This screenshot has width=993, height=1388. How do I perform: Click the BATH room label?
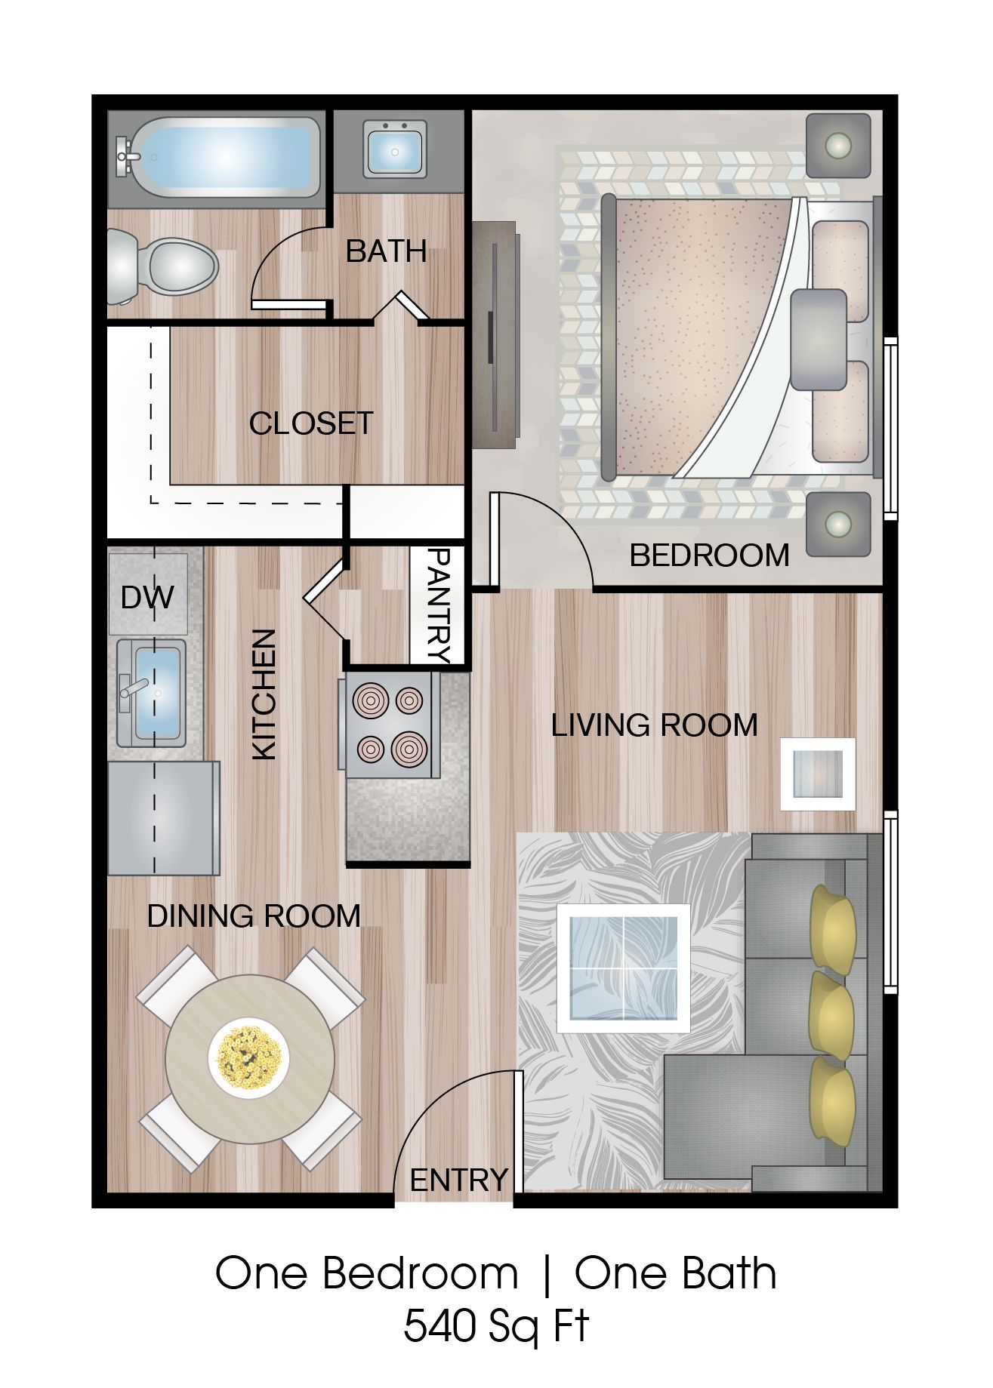click(x=386, y=251)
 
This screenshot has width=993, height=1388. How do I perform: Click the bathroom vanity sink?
click(x=395, y=150)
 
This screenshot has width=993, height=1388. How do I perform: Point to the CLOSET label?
click(x=311, y=423)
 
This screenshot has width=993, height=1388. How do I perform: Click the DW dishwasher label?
click(x=147, y=598)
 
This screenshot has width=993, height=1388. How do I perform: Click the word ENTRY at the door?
click(x=458, y=1179)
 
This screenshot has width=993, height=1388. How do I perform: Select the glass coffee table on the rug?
click(x=623, y=968)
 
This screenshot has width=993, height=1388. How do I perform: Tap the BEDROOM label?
click(x=709, y=556)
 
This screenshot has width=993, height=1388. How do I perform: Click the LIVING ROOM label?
click(x=654, y=725)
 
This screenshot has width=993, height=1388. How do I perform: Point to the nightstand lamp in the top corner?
click(x=837, y=144)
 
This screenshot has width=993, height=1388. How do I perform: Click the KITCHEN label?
click(x=264, y=694)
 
